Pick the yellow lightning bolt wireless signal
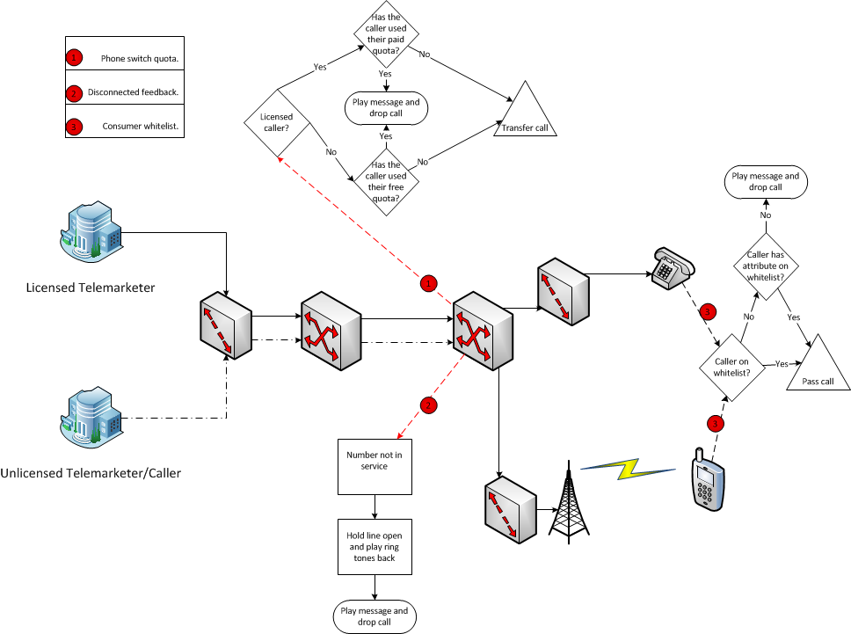(x=638, y=469)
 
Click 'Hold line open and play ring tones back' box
(x=376, y=546)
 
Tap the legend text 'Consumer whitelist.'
(x=141, y=127)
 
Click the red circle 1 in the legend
(x=75, y=59)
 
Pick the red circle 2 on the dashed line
(x=428, y=405)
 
